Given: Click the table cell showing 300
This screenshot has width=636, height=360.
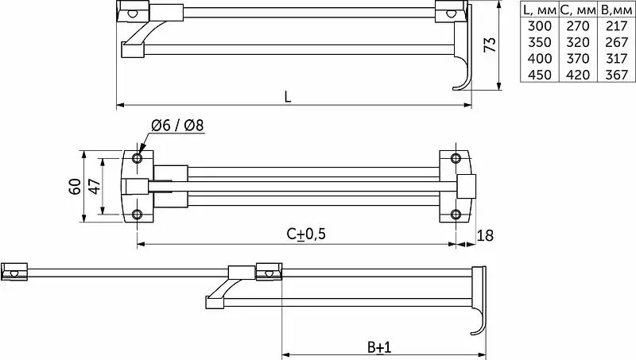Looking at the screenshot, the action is (x=540, y=26).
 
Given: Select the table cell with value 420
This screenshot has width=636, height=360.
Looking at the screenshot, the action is (x=578, y=75).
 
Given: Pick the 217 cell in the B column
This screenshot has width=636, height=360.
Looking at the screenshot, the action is (x=617, y=26).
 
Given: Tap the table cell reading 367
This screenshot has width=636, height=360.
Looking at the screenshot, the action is (x=617, y=75).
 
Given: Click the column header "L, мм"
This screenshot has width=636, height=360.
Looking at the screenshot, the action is (x=540, y=10).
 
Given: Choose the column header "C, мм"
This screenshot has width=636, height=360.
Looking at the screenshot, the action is (x=578, y=10).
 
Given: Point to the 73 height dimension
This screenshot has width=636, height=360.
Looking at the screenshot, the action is (x=491, y=45).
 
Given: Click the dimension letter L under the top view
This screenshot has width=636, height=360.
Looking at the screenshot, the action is (x=288, y=97).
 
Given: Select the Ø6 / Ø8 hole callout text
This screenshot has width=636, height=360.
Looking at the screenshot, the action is (x=177, y=126).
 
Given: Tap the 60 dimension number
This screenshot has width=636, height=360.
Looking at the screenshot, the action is (x=76, y=187).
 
